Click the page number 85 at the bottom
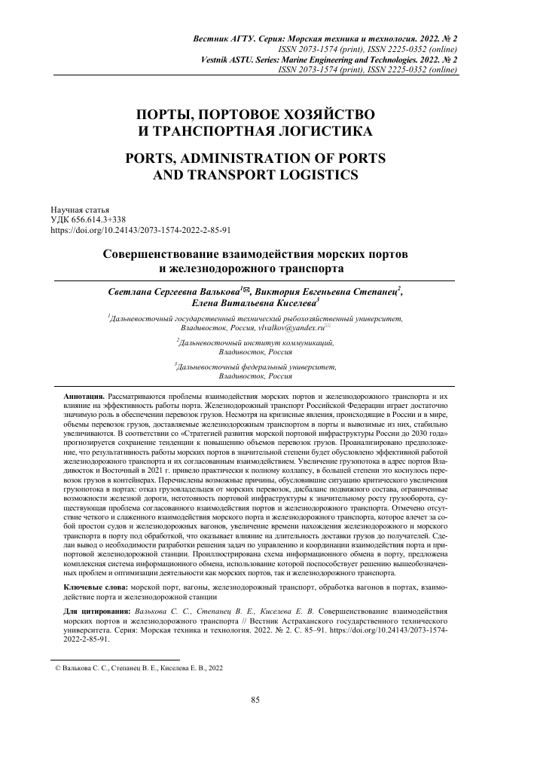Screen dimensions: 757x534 click(x=255, y=700)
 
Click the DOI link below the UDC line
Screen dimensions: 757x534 click(x=140, y=230)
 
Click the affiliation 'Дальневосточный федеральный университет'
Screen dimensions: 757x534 click(x=256, y=366)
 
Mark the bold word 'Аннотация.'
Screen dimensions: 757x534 click(x=86, y=395)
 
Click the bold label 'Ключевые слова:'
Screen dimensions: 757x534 click(x=96, y=585)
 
